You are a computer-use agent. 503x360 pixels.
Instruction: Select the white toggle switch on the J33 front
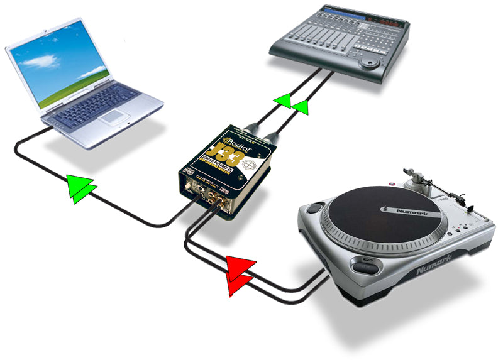coord(196,188)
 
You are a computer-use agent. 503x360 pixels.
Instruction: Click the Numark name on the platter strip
coord(412,214)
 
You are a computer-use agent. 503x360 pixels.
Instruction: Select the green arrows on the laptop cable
coord(81,188)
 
